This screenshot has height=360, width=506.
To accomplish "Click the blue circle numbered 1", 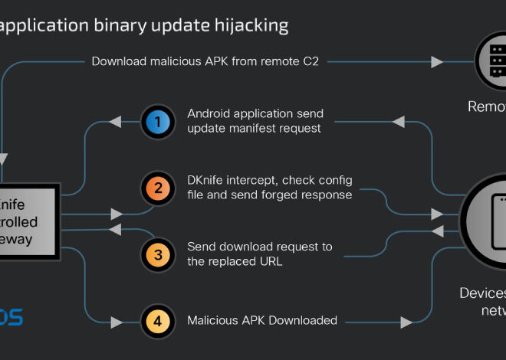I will [x=157, y=121].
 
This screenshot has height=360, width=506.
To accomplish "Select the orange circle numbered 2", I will [x=157, y=188].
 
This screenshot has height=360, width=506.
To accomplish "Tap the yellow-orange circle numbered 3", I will [x=157, y=254].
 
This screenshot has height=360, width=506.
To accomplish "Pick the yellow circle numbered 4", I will [x=157, y=321].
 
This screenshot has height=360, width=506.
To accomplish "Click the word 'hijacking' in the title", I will [x=248, y=26].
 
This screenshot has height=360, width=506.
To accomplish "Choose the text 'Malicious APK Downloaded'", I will [x=262, y=320].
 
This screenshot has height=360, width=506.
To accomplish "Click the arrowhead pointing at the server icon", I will [x=438, y=61].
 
